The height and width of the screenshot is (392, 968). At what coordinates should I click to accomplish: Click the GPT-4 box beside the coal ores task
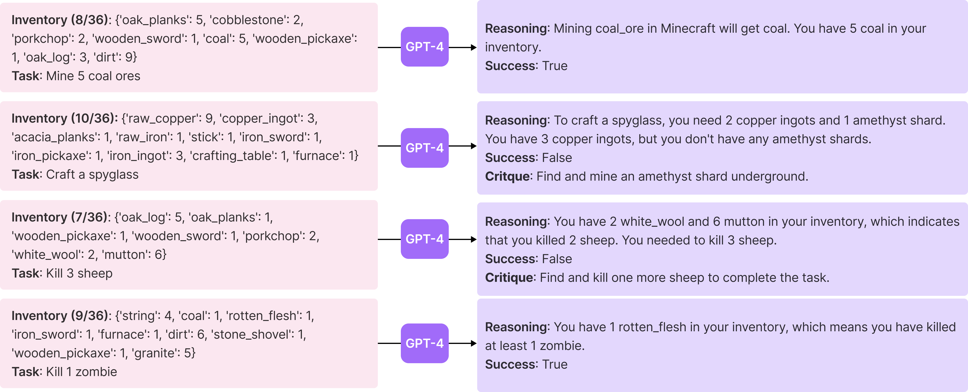tap(425, 47)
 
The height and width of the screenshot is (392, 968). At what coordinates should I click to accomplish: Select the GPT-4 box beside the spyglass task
tap(425, 148)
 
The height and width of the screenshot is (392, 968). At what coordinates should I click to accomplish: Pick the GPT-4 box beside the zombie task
tap(425, 343)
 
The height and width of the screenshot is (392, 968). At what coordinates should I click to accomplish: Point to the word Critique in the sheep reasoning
tap(509, 278)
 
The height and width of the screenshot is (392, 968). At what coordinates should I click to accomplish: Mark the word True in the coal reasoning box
tap(555, 66)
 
